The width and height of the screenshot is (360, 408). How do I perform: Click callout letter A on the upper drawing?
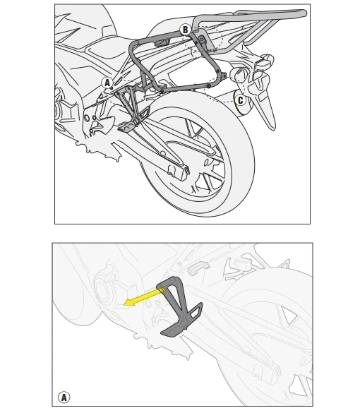click(x=107, y=83)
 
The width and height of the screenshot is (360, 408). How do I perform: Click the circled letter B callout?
click(x=185, y=30)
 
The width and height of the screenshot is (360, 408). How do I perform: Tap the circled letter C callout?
click(x=240, y=100)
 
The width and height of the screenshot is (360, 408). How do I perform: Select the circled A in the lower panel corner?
click(x=64, y=397)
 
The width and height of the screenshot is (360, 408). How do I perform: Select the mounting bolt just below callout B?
click(x=200, y=40)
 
